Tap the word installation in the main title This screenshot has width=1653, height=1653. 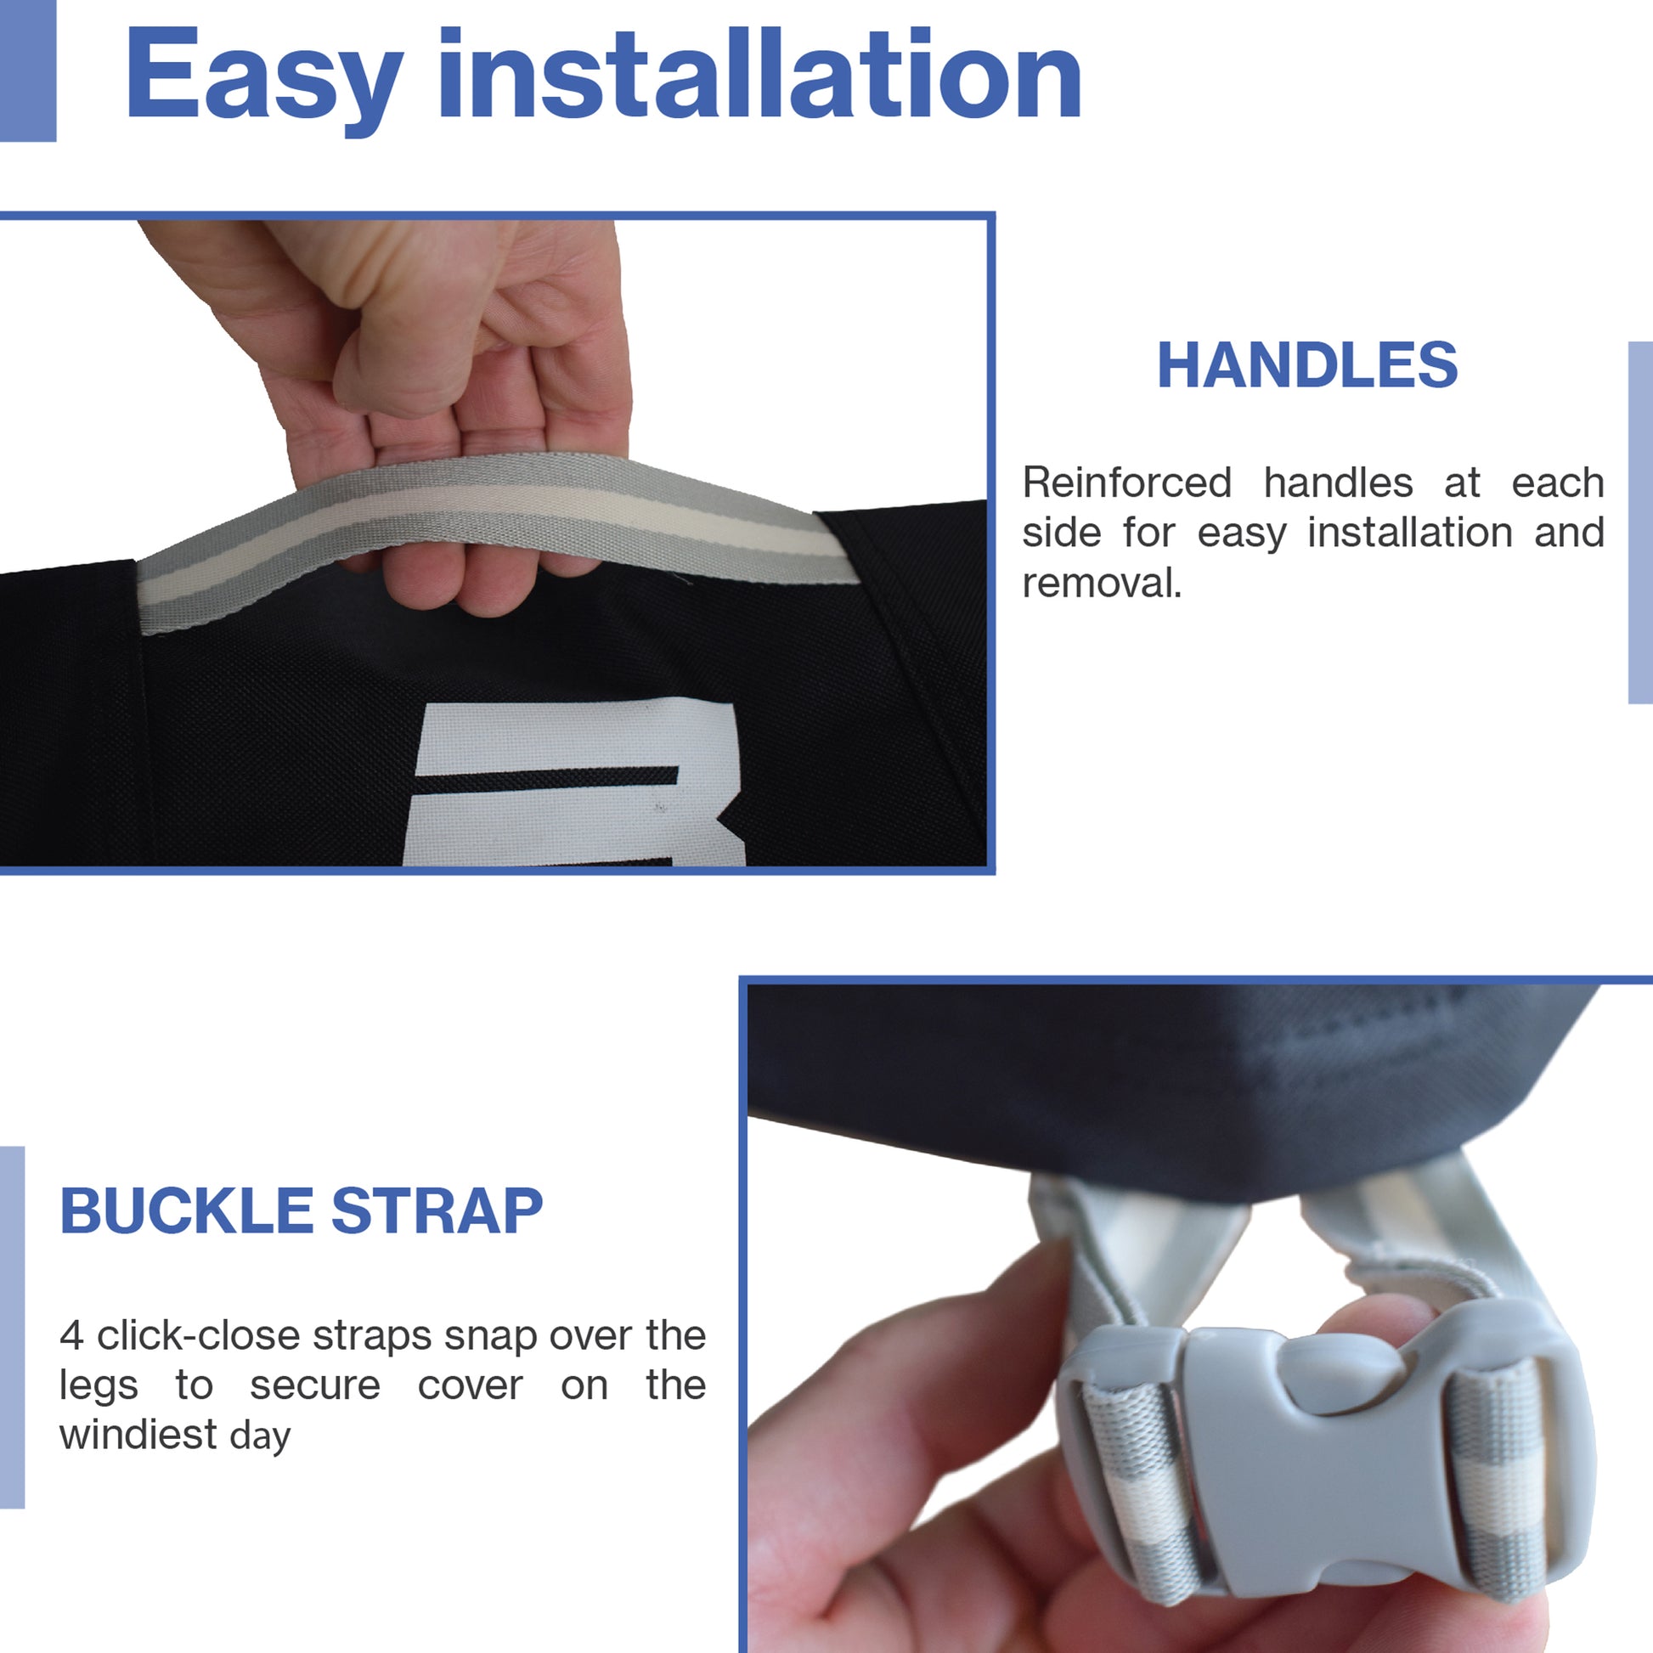point(759,73)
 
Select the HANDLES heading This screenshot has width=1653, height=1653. point(1307,365)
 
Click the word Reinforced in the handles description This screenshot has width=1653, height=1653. point(1127,482)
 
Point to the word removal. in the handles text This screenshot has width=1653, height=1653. point(1102,584)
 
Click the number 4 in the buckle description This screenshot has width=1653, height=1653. point(72,1335)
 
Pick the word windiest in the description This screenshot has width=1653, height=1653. point(138,1435)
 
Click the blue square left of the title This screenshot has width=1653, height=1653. point(27,71)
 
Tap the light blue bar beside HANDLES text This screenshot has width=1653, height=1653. point(1640,522)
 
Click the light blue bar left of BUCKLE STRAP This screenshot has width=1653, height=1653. point(12,1327)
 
